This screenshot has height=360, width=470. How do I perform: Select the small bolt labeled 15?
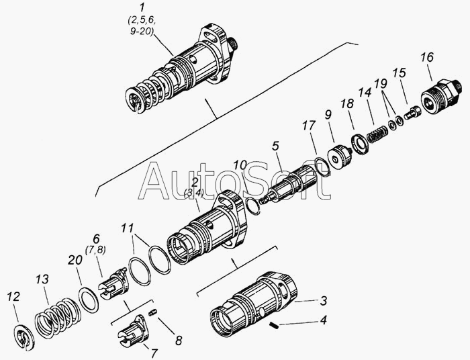point(413,113)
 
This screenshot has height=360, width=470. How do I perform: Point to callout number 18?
point(347,103)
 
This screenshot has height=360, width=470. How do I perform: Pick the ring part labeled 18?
point(359,145)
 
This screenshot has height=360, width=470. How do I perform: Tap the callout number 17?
point(309,126)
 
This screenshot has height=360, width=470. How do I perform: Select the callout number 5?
point(275,146)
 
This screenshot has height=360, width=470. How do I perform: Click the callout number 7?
point(154,353)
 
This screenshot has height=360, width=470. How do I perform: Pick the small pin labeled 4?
point(274,325)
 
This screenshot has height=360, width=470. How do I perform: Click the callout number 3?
point(323,301)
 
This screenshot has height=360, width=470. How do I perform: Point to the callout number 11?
point(128,228)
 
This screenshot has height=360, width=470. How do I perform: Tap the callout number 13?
point(42,279)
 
